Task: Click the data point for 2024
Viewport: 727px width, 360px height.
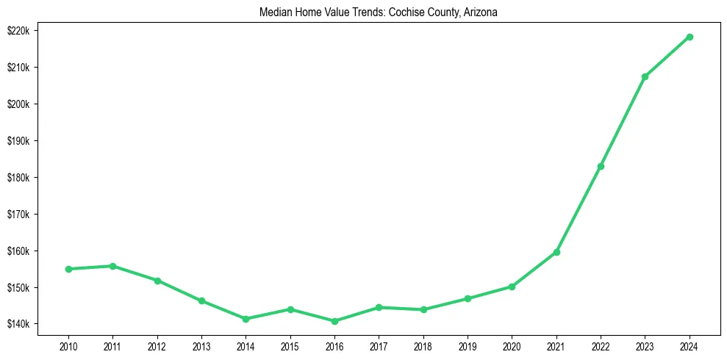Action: tap(690, 37)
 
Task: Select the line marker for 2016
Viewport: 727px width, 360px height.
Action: tap(334, 321)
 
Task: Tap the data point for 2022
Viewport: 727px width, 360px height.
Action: tap(601, 166)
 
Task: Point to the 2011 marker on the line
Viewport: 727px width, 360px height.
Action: tap(112, 266)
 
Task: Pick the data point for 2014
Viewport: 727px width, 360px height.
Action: tap(246, 319)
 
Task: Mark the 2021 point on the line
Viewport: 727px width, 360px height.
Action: tap(556, 252)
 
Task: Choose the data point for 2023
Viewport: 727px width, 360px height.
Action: tap(645, 76)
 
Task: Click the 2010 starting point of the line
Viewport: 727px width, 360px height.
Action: tap(68, 269)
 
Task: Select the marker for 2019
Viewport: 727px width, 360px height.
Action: tap(468, 298)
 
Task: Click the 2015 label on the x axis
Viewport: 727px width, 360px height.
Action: tap(290, 346)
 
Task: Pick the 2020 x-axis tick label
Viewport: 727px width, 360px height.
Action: tap(512, 346)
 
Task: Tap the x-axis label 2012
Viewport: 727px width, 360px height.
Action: tap(157, 346)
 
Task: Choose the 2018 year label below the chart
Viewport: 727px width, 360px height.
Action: tap(423, 346)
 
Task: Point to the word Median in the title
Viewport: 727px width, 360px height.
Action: tap(275, 12)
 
